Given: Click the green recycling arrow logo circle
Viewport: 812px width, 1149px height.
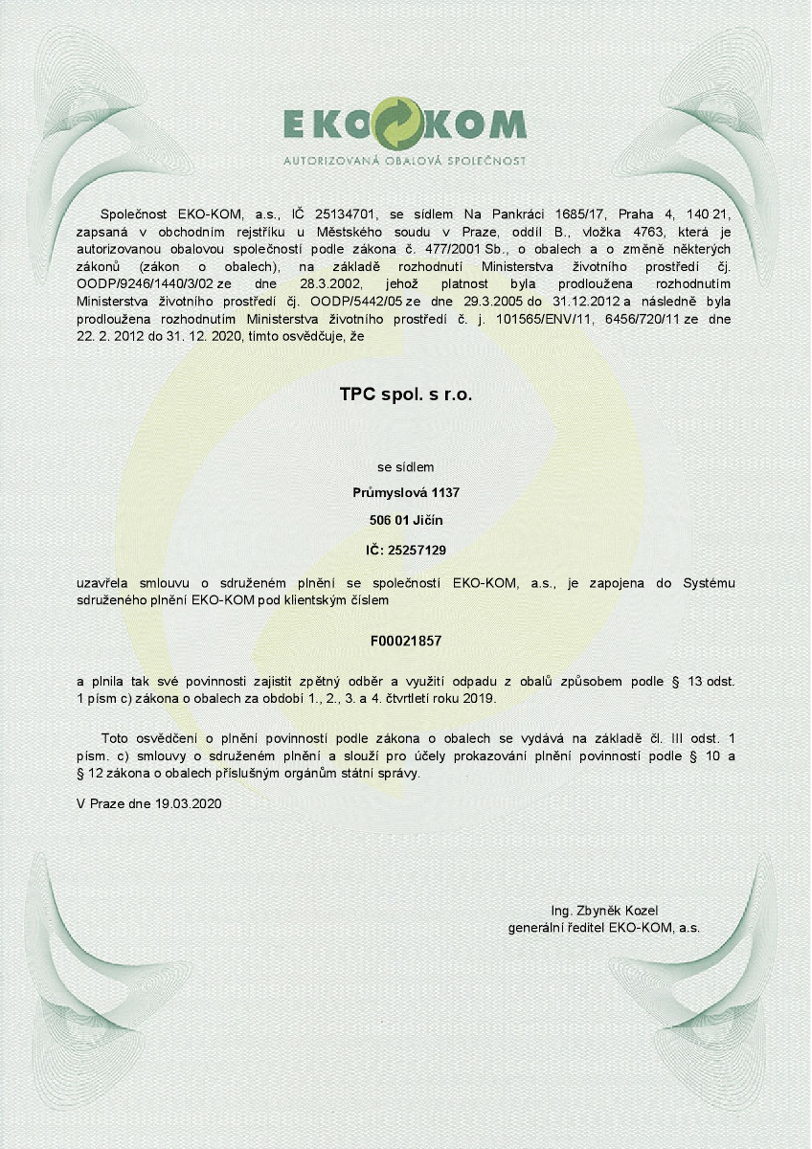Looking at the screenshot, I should tap(402, 124).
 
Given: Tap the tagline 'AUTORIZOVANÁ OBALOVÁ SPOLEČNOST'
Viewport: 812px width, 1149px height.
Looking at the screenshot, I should tap(404, 161).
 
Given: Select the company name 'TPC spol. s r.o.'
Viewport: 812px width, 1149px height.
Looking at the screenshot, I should tap(406, 394).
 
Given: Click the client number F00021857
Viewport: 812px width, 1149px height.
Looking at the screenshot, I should tap(406, 640).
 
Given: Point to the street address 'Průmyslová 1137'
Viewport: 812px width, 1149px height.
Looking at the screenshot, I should tap(406, 493).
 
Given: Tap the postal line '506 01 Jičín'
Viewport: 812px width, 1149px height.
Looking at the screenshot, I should tap(406, 521).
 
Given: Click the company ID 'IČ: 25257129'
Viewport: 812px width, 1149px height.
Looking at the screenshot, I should tap(406, 550).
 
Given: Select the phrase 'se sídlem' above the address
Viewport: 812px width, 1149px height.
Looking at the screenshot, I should tap(406, 467).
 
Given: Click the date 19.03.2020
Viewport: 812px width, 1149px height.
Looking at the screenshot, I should tap(188, 804).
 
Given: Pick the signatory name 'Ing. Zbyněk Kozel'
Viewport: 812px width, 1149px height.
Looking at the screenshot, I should tap(604, 911).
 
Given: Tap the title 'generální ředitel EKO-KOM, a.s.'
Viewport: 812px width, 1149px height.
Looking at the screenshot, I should tap(604, 928).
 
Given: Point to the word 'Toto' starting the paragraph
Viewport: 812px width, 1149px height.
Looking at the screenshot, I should tap(116, 738).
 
